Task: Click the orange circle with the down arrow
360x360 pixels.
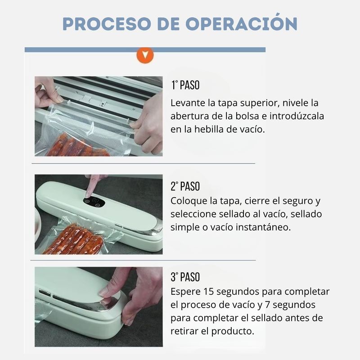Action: click(x=145, y=55)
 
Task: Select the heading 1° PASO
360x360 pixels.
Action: click(x=185, y=85)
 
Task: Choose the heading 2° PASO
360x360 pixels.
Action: click(x=185, y=186)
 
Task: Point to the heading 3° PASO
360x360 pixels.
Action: click(x=185, y=277)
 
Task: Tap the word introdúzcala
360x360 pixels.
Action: click(x=297, y=116)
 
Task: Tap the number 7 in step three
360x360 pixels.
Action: click(x=267, y=305)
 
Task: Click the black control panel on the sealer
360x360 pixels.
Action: click(x=94, y=202)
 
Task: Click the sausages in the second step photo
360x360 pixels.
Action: click(x=73, y=239)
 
